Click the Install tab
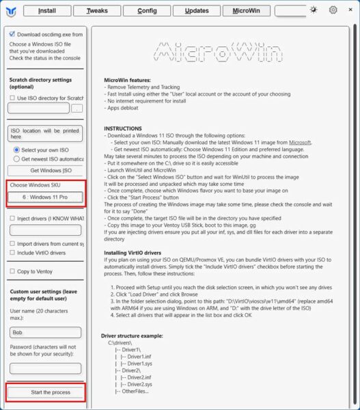pos(47,10)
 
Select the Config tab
pos(147,10)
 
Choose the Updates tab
pos(197,10)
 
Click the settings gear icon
pos(333,10)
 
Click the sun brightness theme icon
pos(313,10)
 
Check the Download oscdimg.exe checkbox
pos(12,33)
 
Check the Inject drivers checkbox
pos(12,218)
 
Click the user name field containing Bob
pos(45,332)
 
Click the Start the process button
pos(46,392)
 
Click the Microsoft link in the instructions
pos(299,142)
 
